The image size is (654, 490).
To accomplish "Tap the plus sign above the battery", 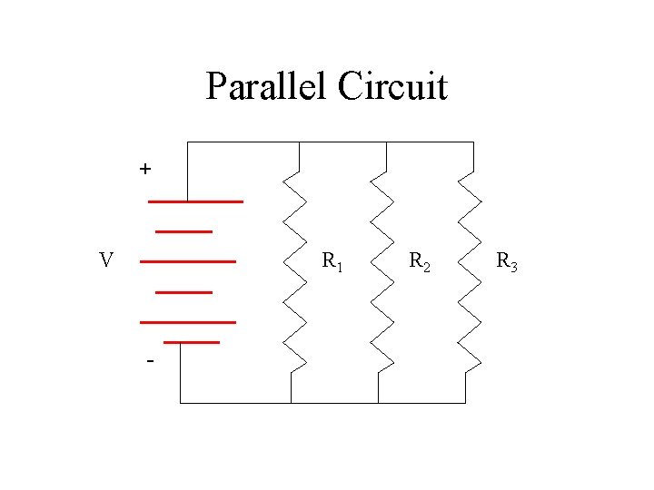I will click(x=145, y=169).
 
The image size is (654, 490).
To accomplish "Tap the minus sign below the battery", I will click(x=149, y=362).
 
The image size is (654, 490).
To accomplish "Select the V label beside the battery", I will click(x=106, y=261).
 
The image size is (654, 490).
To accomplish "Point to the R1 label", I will click(x=332, y=263).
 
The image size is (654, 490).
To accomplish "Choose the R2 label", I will click(x=419, y=263).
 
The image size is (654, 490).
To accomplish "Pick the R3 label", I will click(x=506, y=263).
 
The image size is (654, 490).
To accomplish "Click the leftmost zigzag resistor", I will click(x=297, y=272).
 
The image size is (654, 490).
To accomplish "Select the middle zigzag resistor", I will click(x=383, y=272).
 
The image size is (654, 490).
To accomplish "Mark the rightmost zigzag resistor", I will click(x=470, y=272).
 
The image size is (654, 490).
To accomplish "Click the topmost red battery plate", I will click(x=195, y=201).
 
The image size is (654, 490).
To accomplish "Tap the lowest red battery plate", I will click(x=192, y=342).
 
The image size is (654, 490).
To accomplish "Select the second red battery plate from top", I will click(x=184, y=231).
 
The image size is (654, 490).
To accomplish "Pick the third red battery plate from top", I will click(x=187, y=261).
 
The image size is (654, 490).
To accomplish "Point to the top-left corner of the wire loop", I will click(x=187, y=143).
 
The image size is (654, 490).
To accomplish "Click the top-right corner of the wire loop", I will click(x=473, y=143).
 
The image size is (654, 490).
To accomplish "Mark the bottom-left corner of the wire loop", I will click(x=181, y=402).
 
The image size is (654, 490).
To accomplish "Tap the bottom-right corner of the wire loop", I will click(x=465, y=402).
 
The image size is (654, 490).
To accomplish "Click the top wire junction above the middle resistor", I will click(x=386, y=143).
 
